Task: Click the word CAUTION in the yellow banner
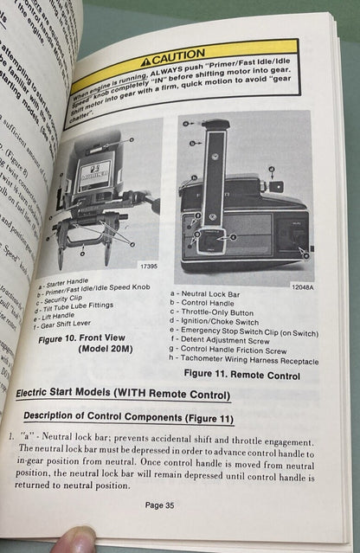[x=181, y=57]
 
